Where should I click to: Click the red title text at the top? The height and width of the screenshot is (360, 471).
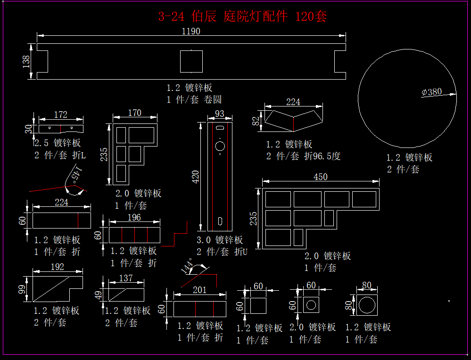click(242, 17)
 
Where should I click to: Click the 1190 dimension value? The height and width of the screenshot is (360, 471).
click(191, 32)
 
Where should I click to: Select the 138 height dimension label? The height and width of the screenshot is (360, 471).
click(26, 61)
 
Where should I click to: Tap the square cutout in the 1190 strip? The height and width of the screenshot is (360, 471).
click(191, 61)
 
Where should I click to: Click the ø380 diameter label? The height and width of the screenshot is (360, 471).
click(432, 92)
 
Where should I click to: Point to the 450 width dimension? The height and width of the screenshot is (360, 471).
click(320, 177)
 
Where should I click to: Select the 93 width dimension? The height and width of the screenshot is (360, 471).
click(220, 114)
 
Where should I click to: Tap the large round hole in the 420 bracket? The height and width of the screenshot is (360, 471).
click(220, 147)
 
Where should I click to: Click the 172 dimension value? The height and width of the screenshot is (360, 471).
click(61, 115)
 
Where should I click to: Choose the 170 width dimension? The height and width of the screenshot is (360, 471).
click(134, 113)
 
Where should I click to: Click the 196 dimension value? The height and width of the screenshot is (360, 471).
click(134, 218)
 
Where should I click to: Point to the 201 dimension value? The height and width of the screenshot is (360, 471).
click(200, 290)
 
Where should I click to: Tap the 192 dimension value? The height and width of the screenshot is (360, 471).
click(57, 267)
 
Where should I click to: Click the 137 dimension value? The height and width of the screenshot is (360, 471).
click(126, 278)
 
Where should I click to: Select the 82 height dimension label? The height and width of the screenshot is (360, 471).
click(256, 121)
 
